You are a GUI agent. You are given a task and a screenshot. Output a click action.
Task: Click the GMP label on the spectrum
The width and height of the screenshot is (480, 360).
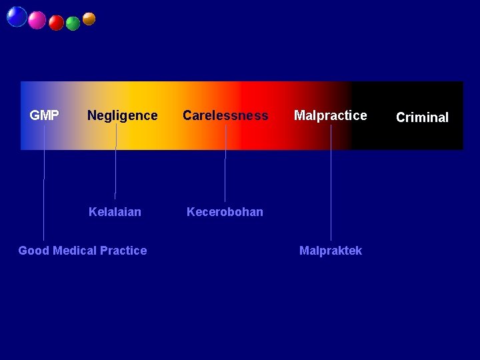pyautogui.click(x=44, y=115)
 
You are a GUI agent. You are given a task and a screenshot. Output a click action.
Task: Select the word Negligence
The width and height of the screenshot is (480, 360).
pyautogui.click(x=122, y=115)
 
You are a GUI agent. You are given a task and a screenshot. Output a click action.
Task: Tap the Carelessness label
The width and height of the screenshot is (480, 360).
pyautogui.click(x=225, y=115)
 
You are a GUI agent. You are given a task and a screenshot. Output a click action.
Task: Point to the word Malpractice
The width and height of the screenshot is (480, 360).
pyautogui.click(x=330, y=115)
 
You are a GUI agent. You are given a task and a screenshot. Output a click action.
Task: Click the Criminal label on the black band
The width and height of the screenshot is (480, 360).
pyautogui.click(x=422, y=117)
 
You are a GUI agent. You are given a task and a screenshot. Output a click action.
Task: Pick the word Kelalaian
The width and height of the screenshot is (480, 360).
pyautogui.click(x=115, y=212)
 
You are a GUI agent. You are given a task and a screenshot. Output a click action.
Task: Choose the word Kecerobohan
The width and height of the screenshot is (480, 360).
pyautogui.click(x=225, y=212)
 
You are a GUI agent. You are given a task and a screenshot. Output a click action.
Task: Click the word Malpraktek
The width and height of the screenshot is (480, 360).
pyautogui.click(x=331, y=251)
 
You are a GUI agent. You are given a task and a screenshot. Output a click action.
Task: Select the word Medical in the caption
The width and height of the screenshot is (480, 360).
pyautogui.click(x=75, y=251)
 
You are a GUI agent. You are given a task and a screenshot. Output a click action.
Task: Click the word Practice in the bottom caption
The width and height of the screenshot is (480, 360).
pyautogui.click(x=123, y=251)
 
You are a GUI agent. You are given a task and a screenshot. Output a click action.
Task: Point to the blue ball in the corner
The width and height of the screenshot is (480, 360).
pyautogui.click(x=17, y=17)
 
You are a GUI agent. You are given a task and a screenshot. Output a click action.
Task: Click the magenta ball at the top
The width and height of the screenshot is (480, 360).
pyautogui.click(x=37, y=21)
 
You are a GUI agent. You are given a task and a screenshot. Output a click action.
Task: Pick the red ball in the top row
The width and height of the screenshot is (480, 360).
pyautogui.click(x=57, y=23)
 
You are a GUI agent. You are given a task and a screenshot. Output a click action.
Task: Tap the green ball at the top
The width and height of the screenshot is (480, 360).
pyautogui.click(x=73, y=23)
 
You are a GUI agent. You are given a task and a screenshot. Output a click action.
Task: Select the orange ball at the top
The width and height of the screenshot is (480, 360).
pyautogui.click(x=89, y=19)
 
